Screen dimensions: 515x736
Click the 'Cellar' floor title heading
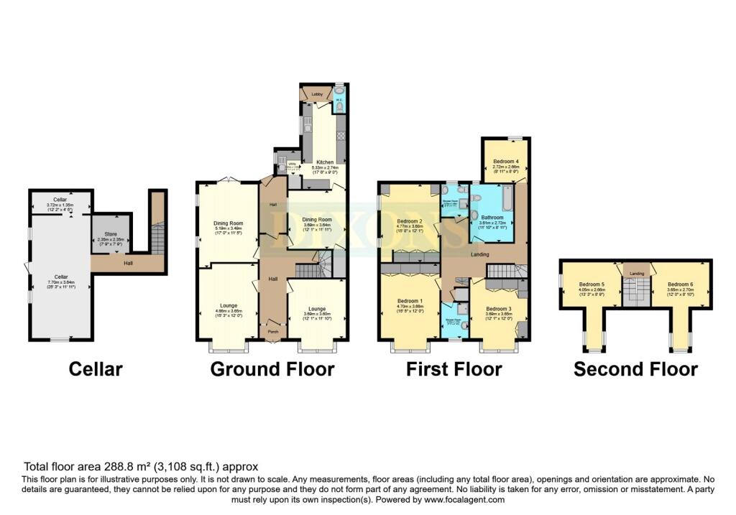click(x=96, y=369)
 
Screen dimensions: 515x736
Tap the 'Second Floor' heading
click(x=635, y=369)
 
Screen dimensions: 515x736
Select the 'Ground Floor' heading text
click(x=272, y=369)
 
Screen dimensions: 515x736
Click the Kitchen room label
click(x=321, y=163)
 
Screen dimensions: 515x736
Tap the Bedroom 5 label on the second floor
click(x=592, y=284)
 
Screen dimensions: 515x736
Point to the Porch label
click(x=272, y=332)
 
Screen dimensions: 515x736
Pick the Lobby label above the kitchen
click(x=316, y=94)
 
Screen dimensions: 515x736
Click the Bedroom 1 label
click(x=410, y=303)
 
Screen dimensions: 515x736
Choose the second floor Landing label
click(x=636, y=274)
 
